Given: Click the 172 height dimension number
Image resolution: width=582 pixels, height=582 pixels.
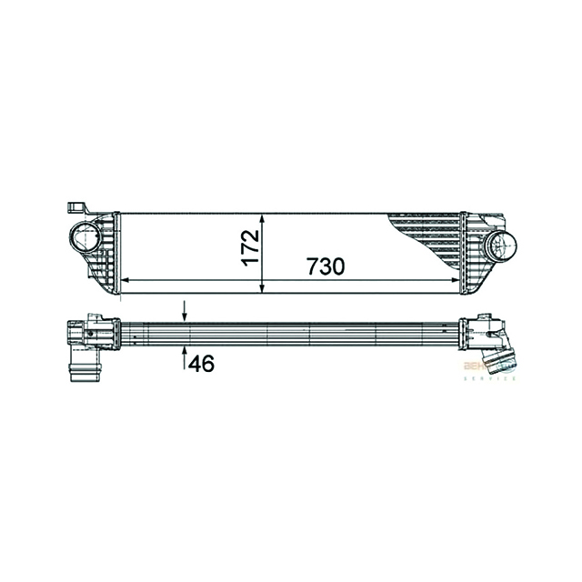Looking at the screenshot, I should (x=252, y=247).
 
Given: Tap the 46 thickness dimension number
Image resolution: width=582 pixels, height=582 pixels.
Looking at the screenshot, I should (x=202, y=364).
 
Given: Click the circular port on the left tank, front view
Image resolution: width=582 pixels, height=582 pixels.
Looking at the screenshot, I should (x=86, y=239).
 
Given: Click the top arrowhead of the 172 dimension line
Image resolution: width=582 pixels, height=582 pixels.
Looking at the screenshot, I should (x=263, y=218).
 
